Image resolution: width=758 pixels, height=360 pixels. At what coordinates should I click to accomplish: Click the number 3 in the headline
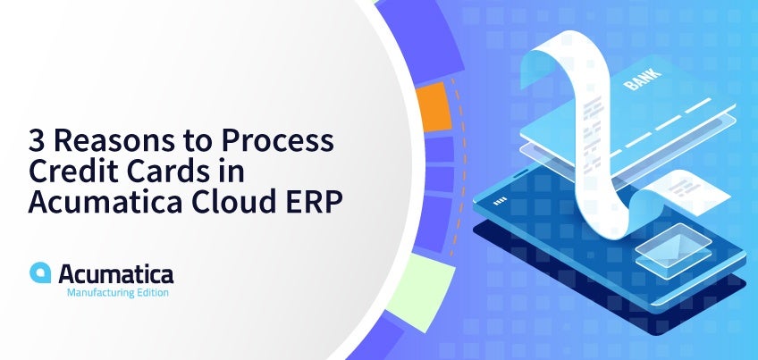tap(37, 140)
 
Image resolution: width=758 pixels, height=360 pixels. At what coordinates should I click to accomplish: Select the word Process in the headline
tap(277, 140)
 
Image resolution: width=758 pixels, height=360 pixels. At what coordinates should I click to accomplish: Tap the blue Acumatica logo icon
tap(40, 272)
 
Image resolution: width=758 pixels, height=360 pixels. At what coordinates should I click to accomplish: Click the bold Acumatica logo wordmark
tap(116, 274)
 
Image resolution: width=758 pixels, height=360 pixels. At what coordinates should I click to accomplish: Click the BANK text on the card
tap(643, 80)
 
